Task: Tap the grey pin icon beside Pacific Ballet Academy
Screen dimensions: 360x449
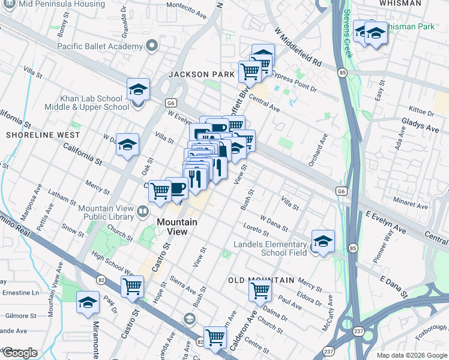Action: tap(152, 45)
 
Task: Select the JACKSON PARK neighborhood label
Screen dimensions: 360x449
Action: tap(201, 74)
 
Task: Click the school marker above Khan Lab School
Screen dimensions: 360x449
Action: tap(138, 90)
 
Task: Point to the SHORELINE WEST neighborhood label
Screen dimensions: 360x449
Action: tap(38, 136)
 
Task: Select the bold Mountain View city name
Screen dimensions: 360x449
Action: tap(176, 227)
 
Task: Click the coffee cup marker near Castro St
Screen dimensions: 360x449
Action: tap(176, 188)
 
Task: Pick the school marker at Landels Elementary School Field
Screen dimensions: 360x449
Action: tap(323, 241)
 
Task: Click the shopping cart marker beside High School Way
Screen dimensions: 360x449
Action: tap(132, 286)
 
